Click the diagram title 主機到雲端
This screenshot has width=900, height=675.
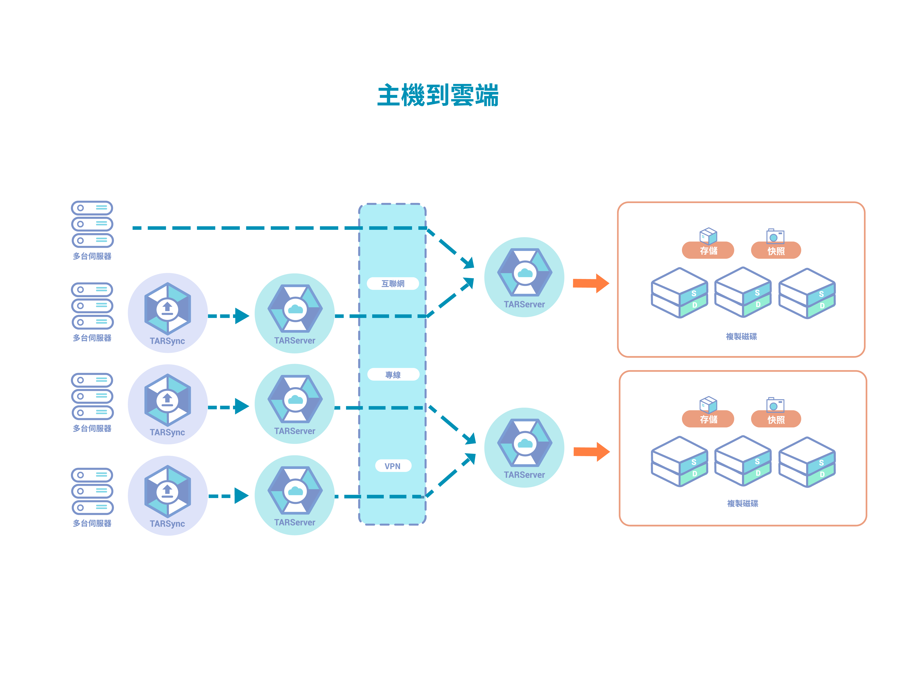(438, 95)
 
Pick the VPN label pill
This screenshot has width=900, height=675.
(393, 466)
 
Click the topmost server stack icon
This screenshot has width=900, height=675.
(92, 224)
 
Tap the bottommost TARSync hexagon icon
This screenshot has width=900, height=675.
(167, 491)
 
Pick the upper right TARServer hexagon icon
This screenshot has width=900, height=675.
(524, 272)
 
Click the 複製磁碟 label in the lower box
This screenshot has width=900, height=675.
(742, 503)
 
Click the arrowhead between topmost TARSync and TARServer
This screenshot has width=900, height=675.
(242, 316)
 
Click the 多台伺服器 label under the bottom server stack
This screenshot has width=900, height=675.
(92, 523)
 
